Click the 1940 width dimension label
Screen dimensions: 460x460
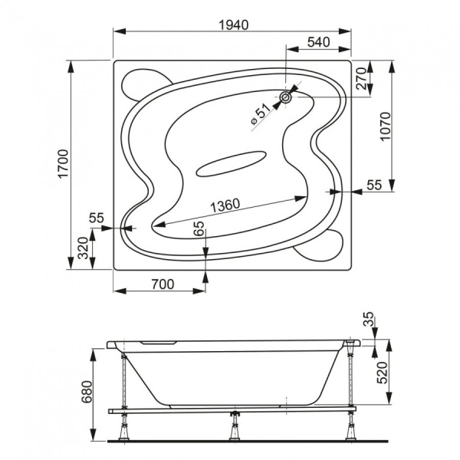click(234, 25)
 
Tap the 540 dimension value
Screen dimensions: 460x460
click(319, 42)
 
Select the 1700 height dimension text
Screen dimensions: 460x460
click(64, 164)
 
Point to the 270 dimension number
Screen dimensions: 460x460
click(361, 79)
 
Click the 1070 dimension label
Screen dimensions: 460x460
click(386, 127)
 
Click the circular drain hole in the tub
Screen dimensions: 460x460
click(285, 97)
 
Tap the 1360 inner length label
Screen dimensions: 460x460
click(225, 205)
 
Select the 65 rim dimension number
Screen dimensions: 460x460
click(199, 228)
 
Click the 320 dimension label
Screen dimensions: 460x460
click(83, 248)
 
